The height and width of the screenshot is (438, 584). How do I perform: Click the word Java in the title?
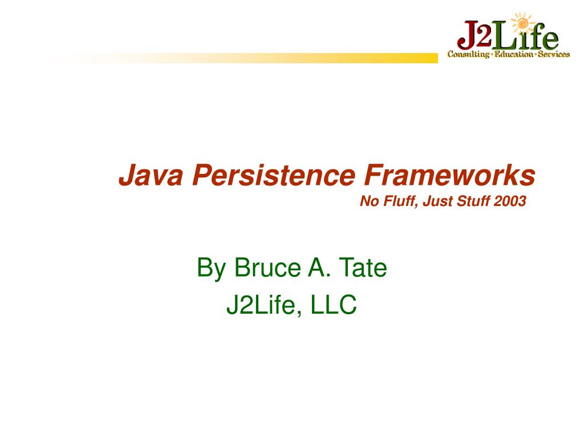[151, 175]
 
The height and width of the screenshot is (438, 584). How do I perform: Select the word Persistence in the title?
[274, 175]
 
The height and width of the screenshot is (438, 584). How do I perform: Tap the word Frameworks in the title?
[449, 175]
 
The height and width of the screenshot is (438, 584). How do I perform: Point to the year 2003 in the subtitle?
[510, 201]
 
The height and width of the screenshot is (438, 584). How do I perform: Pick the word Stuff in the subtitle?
[473, 201]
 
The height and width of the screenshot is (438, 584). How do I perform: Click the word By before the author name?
[211, 269]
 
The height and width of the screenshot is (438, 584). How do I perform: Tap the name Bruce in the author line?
[267, 267]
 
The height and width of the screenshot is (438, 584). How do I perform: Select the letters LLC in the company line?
[333, 305]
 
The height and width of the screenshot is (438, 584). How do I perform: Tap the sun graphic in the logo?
[522, 24]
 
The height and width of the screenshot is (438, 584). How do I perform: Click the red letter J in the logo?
[468, 35]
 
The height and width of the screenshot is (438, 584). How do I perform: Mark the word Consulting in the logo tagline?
[468, 54]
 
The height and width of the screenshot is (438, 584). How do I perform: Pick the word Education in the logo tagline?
[514, 54]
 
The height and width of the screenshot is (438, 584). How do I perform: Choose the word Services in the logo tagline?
[553, 54]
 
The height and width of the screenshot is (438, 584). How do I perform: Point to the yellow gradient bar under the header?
[244, 58]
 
